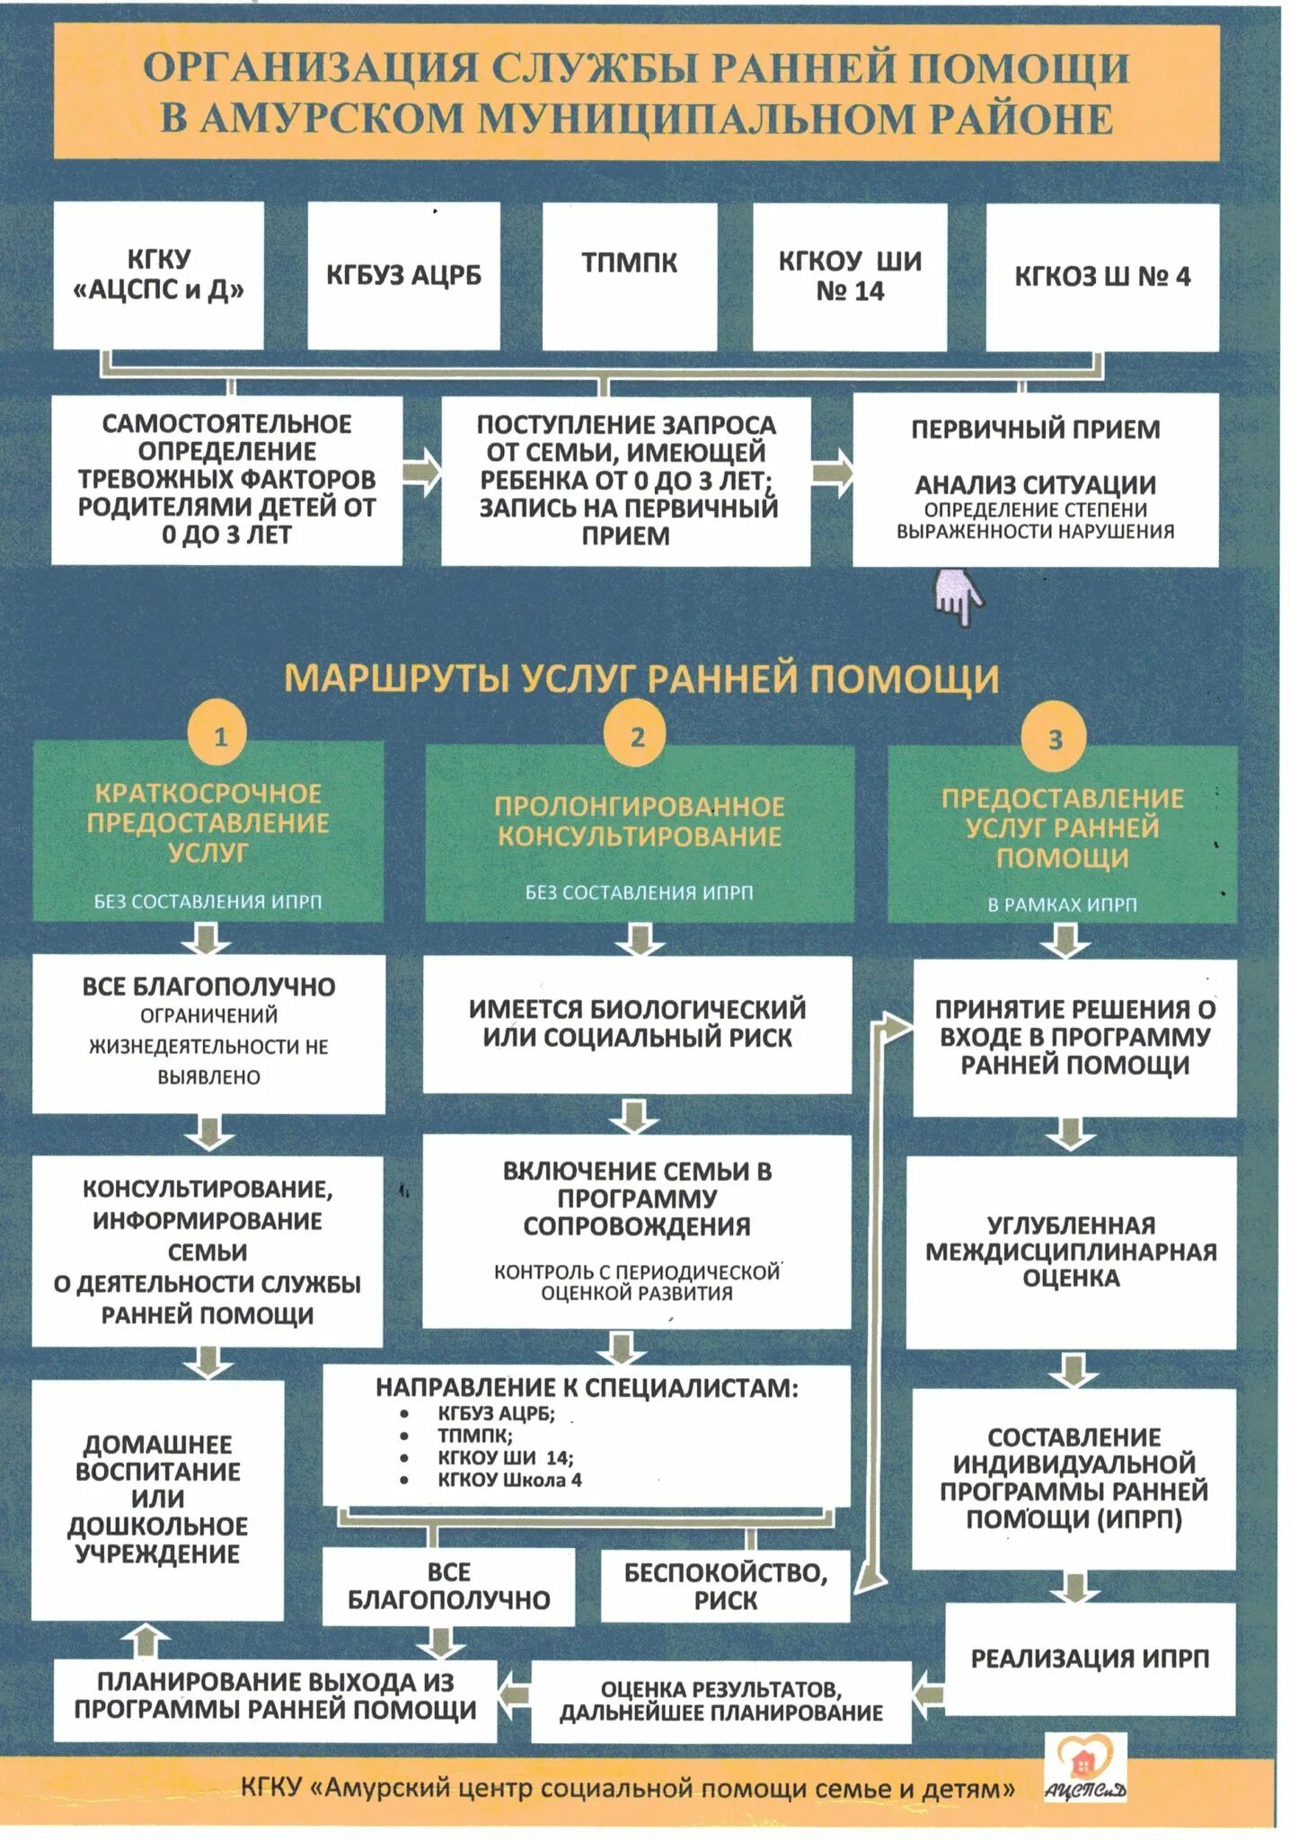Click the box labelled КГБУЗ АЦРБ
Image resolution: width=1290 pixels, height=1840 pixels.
coord(403,275)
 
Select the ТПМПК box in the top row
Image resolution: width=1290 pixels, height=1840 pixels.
coord(629,275)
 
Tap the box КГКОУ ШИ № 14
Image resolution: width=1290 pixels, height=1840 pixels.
coord(849,276)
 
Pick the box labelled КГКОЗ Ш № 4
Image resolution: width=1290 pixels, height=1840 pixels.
coord(1101,277)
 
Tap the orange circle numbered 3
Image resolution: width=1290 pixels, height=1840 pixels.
coord(1055,739)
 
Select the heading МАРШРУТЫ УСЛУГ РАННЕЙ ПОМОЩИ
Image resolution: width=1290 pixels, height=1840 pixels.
coord(641,678)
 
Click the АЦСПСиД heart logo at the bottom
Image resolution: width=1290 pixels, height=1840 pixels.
coord(1085,1766)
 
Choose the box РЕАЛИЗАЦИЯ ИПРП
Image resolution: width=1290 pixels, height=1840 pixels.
coord(1090,1659)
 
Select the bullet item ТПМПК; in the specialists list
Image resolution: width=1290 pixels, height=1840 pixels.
coord(475,1436)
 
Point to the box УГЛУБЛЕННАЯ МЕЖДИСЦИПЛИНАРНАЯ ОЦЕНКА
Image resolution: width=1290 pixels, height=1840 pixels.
coord(1071,1252)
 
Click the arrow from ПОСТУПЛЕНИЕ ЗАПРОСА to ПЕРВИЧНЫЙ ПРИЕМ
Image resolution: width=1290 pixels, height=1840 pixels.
coord(832,473)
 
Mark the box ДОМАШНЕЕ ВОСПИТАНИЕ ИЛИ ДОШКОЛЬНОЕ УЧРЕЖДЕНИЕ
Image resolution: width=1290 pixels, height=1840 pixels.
coord(158,1499)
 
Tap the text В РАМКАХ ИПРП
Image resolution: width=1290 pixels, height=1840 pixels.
coord(1062,905)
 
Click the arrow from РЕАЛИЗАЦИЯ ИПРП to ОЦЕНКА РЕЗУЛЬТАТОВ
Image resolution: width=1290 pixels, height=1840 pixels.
coord(928,1694)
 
